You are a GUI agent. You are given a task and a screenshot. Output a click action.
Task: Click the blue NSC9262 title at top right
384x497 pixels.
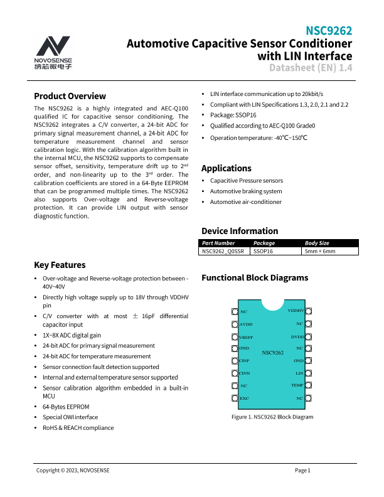[328, 31]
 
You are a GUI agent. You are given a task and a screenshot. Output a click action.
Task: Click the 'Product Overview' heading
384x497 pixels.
[70, 96]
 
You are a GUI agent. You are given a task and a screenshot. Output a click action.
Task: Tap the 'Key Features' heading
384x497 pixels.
[60, 265]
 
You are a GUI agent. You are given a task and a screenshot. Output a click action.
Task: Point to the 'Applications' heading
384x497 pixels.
[226, 168]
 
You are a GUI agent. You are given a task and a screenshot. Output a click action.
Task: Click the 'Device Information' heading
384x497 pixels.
[239, 231]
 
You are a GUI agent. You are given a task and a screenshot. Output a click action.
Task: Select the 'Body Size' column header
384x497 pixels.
[317, 243]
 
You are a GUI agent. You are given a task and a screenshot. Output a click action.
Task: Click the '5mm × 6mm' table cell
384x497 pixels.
[320, 251]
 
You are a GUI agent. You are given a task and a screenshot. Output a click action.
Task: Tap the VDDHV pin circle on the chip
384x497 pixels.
[309, 311]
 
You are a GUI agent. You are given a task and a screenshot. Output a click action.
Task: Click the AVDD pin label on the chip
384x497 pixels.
[246, 324]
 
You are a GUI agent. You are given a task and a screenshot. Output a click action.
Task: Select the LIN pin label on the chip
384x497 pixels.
[299, 373]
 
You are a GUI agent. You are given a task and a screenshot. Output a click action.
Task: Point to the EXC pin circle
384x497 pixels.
[236, 398]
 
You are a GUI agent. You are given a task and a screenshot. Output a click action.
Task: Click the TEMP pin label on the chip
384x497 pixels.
[297, 385]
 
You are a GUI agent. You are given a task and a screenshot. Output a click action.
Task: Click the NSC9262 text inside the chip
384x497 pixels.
[272, 353]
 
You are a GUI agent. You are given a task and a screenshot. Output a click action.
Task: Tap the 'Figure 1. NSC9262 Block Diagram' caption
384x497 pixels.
[272, 417]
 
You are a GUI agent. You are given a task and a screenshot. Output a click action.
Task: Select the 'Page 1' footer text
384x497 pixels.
[302, 470]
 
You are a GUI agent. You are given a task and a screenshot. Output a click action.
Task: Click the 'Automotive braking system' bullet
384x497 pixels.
[246, 191]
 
